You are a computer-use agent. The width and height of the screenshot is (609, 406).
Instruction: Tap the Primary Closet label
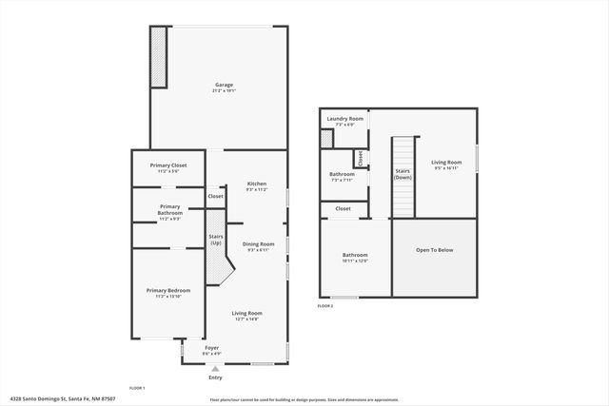tap(167, 165)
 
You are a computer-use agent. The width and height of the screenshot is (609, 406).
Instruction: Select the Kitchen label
tap(257, 184)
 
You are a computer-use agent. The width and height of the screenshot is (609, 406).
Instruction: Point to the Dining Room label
tap(258, 243)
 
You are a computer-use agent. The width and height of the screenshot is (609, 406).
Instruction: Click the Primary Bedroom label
tap(167, 291)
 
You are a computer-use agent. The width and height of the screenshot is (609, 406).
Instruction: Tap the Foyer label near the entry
tap(211, 347)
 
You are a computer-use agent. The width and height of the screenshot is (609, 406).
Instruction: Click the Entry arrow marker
tap(215, 368)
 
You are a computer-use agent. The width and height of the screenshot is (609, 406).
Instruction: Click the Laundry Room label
tap(344, 119)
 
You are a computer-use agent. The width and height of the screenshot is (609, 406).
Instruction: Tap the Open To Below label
tap(434, 252)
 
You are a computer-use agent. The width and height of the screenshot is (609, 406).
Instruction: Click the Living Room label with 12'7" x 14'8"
tap(247, 313)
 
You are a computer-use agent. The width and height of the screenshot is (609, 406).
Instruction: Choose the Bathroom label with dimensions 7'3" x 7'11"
tap(342, 175)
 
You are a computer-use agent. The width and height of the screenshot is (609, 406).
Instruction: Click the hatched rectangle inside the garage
tap(159, 56)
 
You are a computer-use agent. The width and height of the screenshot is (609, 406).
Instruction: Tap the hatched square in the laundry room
tap(326, 139)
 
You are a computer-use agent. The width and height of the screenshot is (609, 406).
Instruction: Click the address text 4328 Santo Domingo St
tap(44, 398)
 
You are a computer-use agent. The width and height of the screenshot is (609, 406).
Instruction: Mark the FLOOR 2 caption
tap(326, 306)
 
